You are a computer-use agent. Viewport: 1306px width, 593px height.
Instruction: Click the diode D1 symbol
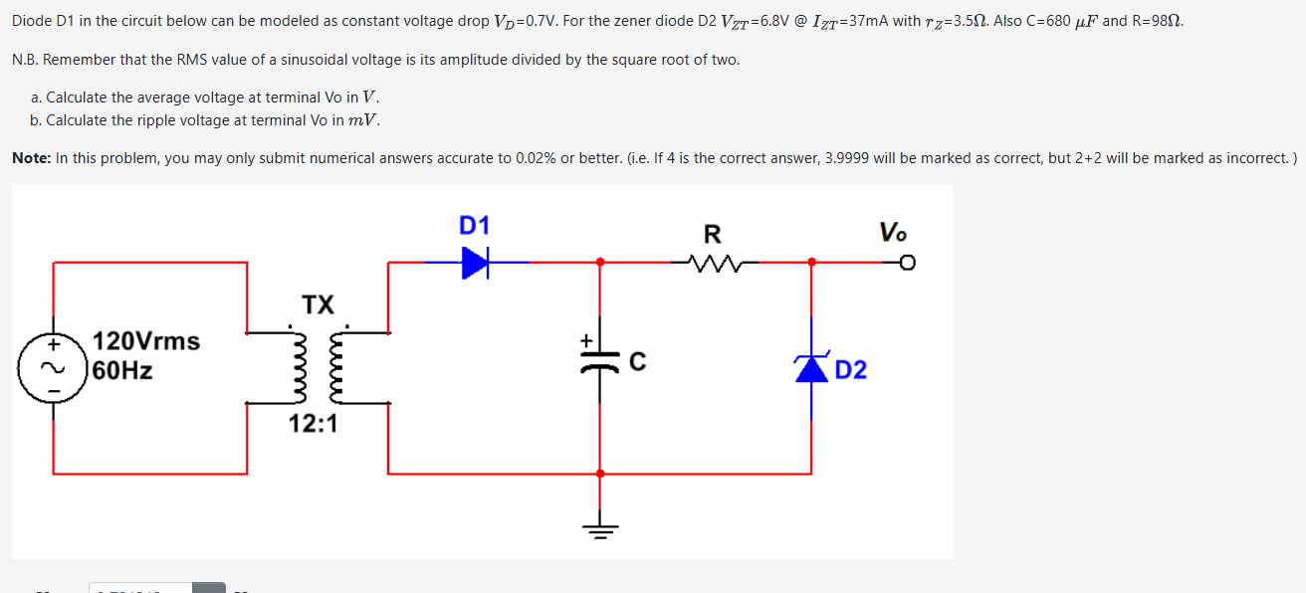(x=476, y=263)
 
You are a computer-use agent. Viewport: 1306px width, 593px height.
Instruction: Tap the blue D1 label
(x=474, y=226)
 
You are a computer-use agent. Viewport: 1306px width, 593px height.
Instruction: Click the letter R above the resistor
(x=713, y=236)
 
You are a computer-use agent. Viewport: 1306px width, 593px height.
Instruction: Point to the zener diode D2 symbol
(x=811, y=367)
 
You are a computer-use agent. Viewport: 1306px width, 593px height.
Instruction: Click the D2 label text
(x=851, y=371)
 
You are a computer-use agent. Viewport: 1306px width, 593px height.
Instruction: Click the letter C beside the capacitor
(x=636, y=364)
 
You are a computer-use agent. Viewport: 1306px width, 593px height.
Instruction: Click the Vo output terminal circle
(x=907, y=263)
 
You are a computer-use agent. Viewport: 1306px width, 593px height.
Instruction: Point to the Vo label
(x=893, y=233)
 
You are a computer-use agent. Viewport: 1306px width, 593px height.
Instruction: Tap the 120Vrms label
(x=146, y=341)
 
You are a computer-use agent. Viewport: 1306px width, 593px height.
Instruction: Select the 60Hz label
(x=122, y=372)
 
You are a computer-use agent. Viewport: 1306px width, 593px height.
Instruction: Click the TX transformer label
(x=319, y=304)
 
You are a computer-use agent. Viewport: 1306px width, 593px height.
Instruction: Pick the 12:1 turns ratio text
(x=314, y=425)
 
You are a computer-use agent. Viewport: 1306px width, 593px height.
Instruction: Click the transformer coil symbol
(x=319, y=365)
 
